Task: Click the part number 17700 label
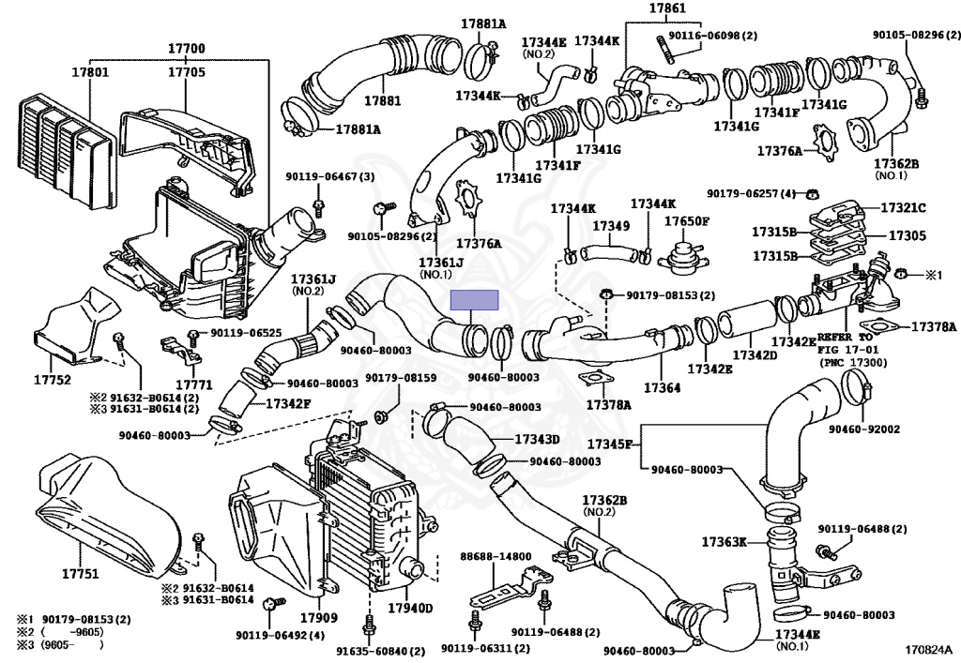point(187,49)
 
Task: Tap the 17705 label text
point(187,72)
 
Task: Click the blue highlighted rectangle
point(474,300)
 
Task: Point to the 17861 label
point(667,8)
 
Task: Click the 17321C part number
point(904,207)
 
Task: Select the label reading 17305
point(908,235)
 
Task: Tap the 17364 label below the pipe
point(662,387)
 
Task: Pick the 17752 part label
point(53,380)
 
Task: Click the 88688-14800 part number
point(496,556)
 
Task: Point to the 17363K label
point(724,542)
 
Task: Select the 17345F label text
point(609,444)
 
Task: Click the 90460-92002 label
point(864,429)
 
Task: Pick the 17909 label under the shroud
point(319,618)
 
